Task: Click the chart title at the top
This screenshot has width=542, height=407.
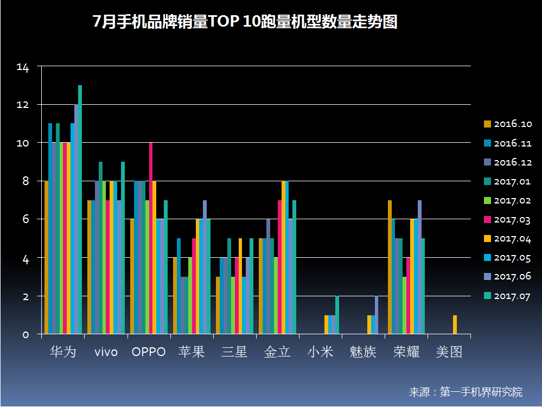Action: [x=245, y=22]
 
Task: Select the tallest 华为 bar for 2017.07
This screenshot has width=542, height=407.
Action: [x=80, y=209]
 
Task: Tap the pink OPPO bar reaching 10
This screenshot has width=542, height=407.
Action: [x=151, y=238]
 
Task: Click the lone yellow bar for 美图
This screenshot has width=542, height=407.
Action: [x=455, y=325]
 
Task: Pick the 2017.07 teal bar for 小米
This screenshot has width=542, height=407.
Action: [x=337, y=315]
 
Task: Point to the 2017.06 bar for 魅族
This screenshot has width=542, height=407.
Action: [x=377, y=315]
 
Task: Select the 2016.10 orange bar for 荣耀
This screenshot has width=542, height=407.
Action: [x=390, y=267]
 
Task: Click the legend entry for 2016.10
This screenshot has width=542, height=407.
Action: [x=508, y=124]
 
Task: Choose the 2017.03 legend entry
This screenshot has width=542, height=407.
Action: [x=507, y=220]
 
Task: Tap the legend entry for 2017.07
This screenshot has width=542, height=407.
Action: [x=507, y=296]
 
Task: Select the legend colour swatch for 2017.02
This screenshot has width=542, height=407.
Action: [x=487, y=201]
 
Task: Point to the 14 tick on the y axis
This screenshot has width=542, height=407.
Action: [x=23, y=67]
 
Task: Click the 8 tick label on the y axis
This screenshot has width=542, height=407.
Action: [x=25, y=181]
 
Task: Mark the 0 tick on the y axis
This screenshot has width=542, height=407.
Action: [x=25, y=335]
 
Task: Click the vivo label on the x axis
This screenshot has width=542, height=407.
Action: [x=106, y=352]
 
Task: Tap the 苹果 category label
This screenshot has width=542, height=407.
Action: [x=192, y=352]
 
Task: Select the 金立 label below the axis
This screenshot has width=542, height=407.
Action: [x=277, y=352]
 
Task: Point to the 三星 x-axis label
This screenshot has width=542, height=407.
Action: [x=234, y=352]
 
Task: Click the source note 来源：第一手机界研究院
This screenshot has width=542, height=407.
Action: [x=466, y=392]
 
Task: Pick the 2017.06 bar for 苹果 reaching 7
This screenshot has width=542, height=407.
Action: [x=205, y=267]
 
